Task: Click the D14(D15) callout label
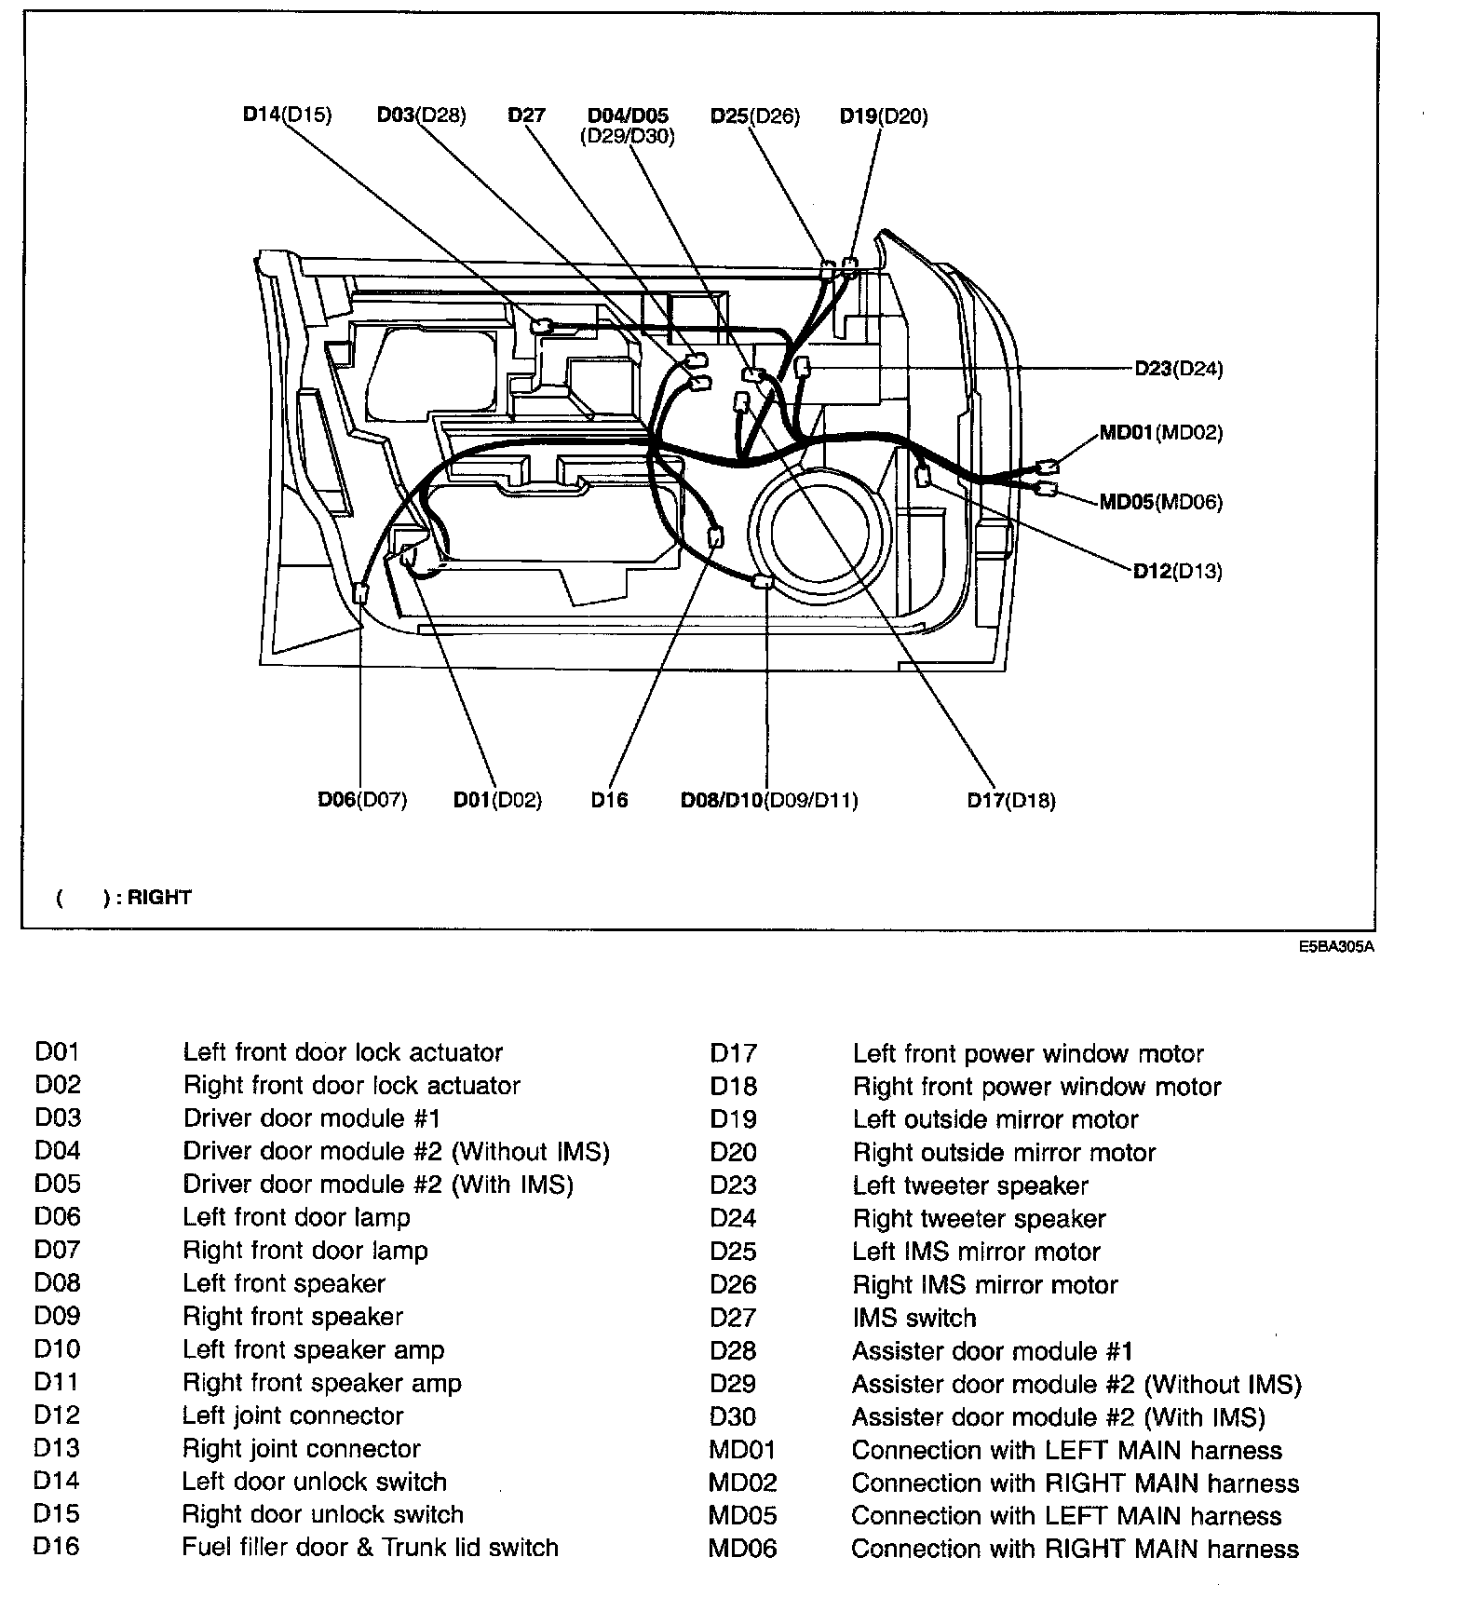click(287, 115)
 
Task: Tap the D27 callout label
click(526, 115)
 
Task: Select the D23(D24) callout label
click(1178, 369)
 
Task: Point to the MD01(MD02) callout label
click(1160, 432)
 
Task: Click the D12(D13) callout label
click(1177, 571)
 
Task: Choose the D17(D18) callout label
click(1011, 800)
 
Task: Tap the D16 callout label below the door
click(609, 800)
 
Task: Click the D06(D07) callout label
click(362, 800)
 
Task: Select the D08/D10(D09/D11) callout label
click(769, 800)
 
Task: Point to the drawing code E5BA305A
click(1337, 948)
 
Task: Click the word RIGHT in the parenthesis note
click(159, 898)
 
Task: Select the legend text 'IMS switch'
click(913, 1318)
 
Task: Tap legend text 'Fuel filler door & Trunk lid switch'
click(370, 1548)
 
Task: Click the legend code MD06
click(742, 1549)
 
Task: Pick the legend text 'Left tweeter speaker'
click(970, 1185)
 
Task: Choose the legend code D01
click(58, 1052)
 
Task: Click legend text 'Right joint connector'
click(301, 1449)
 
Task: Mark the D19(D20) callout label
click(884, 116)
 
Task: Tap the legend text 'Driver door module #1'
click(311, 1117)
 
